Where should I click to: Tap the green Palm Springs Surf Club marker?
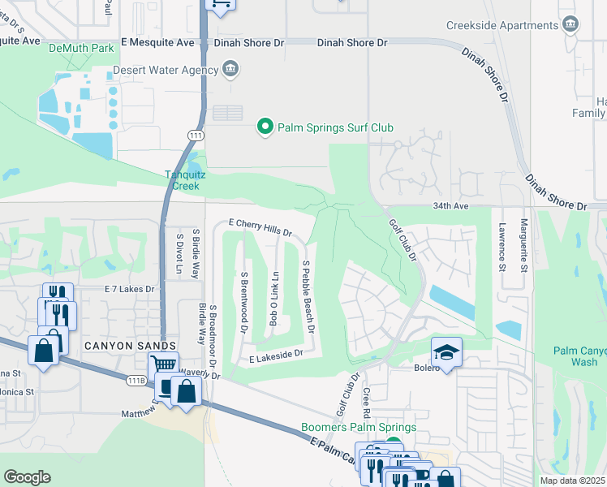pyautogui.click(x=264, y=127)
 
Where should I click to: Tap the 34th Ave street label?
pyautogui.click(x=451, y=206)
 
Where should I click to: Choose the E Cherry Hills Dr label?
pyautogui.click(x=259, y=226)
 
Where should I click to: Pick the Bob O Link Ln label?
pyautogui.click(x=275, y=299)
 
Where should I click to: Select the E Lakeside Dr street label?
pyautogui.click(x=276, y=354)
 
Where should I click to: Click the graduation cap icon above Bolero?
pyautogui.click(x=446, y=351)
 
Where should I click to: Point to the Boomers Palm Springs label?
pyautogui.click(x=359, y=427)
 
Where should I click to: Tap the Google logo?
pyautogui.click(x=27, y=476)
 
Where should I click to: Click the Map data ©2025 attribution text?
pyautogui.click(x=572, y=481)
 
